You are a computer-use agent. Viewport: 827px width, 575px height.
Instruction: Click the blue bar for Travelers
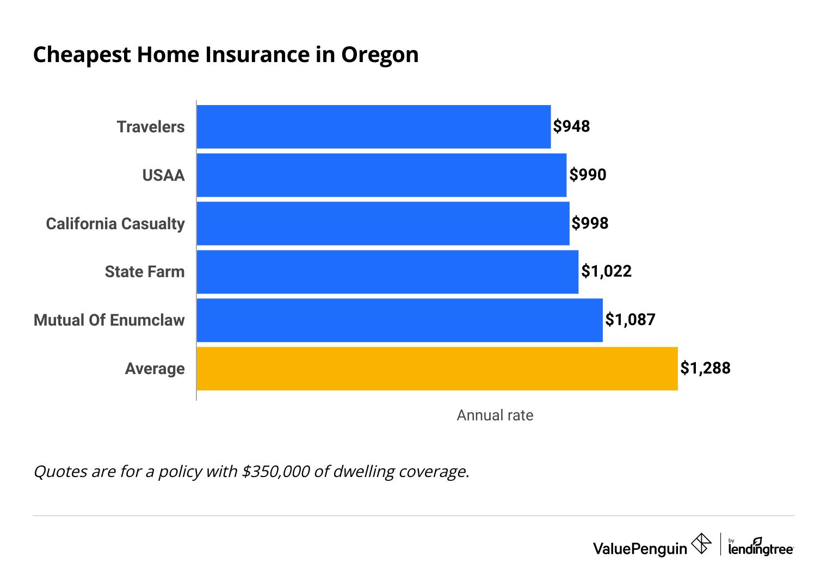(373, 127)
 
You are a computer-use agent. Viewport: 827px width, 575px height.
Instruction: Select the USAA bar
(381, 175)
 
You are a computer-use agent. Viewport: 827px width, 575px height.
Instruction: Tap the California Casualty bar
(382, 224)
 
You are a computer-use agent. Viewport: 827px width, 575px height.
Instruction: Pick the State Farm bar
(387, 272)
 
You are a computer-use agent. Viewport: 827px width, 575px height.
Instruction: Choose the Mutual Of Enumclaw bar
(399, 320)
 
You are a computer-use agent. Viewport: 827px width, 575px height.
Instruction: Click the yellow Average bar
(437, 369)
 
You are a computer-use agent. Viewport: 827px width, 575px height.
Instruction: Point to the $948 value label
(571, 126)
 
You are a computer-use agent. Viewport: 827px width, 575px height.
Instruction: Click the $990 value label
(588, 175)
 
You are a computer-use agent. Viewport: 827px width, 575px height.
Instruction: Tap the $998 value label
(590, 223)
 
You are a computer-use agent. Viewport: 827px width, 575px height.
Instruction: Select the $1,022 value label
(606, 271)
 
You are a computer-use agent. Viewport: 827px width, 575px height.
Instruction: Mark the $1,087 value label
(630, 320)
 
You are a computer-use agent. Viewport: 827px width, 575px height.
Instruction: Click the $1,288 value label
(705, 368)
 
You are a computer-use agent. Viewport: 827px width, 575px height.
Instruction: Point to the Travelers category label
(151, 127)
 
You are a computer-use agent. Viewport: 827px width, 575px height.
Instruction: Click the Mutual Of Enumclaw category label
(109, 320)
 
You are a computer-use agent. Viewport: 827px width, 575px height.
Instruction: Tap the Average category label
(155, 369)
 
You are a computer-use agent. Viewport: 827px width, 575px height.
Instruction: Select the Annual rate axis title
(495, 415)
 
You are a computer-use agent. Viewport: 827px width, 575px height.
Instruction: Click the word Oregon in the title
(380, 56)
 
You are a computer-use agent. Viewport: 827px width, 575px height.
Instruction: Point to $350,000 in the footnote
(276, 472)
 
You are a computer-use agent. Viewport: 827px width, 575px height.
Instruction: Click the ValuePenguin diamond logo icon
(701, 544)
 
